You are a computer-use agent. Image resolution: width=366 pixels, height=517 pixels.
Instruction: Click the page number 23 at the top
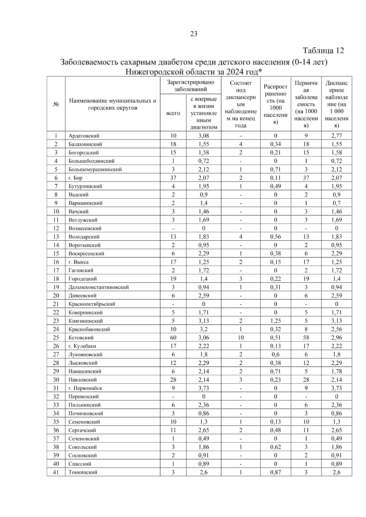(194, 34)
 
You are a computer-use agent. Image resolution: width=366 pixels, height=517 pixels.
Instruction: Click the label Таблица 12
(323, 50)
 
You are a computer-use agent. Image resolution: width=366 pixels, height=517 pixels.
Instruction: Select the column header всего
(173, 113)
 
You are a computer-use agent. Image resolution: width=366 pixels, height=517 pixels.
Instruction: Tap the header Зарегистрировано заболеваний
(190, 86)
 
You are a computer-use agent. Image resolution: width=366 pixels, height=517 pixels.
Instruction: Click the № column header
(56, 104)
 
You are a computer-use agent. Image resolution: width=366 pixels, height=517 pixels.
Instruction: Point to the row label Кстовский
(81, 338)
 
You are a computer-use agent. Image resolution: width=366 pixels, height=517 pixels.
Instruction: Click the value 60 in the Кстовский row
(173, 338)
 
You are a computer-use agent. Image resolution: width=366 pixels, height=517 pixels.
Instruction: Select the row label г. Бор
(75, 178)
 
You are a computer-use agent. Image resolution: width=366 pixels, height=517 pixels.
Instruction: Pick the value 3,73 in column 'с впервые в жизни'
(203, 388)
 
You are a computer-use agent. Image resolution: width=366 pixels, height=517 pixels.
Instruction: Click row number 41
(56, 472)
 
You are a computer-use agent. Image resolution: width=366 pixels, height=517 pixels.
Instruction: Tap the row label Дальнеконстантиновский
(99, 287)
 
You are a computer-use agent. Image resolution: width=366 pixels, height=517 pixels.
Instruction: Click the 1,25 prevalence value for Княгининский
(275, 321)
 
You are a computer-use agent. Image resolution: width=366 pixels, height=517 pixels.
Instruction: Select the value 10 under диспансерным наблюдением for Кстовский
(241, 338)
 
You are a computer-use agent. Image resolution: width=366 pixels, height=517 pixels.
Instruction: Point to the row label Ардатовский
(84, 136)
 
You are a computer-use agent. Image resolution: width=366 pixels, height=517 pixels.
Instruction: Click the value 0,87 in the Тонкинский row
(275, 472)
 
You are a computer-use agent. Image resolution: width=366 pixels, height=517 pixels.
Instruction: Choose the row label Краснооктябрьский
(91, 304)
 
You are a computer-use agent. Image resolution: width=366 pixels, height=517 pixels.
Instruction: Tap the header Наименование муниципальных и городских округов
(113, 104)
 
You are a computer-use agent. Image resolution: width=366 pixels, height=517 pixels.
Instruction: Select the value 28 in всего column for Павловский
(173, 380)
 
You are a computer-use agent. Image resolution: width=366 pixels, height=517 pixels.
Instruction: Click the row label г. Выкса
(78, 262)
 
